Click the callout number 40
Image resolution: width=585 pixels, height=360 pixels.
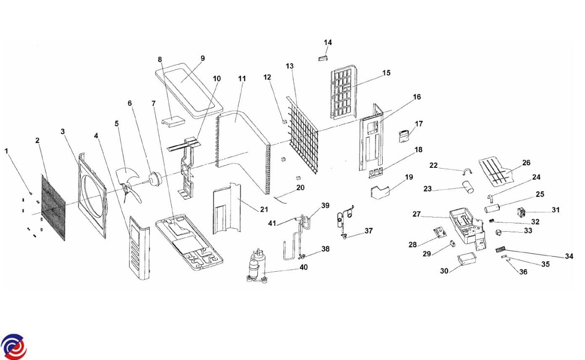[x=304, y=267]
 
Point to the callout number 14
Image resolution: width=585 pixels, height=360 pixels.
[x=328, y=43]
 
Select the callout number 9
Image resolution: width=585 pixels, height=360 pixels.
[x=203, y=59]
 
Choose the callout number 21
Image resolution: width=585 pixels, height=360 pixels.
[x=264, y=210]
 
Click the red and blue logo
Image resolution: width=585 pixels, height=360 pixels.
[x=14, y=347]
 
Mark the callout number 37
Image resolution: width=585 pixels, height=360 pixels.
[x=369, y=230]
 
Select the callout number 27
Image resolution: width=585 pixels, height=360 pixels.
[x=416, y=214]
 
